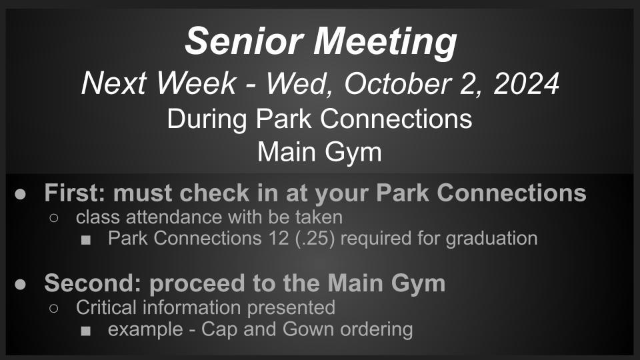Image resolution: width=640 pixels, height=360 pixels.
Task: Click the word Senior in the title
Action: [244, 41]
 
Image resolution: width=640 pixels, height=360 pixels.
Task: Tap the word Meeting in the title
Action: [385, 43]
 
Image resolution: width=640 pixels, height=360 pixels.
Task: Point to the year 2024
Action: [526, 83]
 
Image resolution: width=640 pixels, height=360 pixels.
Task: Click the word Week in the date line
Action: [196, 83]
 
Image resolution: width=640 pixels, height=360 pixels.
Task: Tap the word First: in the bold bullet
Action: [75, 193]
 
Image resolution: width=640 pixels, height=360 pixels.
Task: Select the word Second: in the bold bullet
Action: [93, 283]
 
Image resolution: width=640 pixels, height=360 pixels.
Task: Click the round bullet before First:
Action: [20, 194]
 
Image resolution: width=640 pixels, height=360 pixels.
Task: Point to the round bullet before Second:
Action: [20, 284]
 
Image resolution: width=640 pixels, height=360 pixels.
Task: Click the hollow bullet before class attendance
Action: [53, 218]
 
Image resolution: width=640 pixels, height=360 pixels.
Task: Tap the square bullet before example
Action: [86, 331]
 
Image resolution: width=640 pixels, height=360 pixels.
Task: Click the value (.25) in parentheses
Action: [315, 239]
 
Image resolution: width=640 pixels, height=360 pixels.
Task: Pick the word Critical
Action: [106, 307]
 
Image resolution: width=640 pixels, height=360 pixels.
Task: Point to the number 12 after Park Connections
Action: [279, 239]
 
